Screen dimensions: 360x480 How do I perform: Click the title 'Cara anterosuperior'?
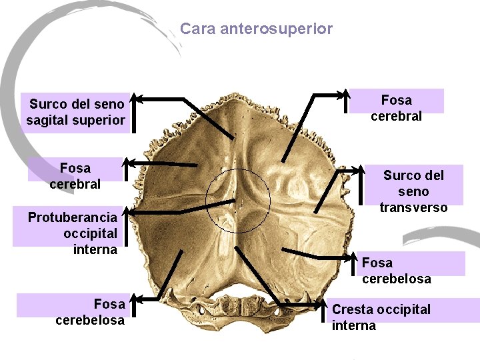256,29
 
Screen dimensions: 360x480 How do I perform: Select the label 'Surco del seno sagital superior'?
75,112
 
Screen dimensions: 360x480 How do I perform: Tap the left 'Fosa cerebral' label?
75,175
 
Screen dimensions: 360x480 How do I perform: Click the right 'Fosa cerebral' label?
396,108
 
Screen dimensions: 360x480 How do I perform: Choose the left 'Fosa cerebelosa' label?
91,312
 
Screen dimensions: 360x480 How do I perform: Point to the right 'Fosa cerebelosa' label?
396,271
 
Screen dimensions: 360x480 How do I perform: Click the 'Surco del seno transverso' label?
413,191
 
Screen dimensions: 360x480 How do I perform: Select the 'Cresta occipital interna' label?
381,317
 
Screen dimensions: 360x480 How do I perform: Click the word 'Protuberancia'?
73,217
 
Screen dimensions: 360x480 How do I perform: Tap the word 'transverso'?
413,207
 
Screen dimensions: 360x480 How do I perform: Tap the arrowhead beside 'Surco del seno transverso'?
360,171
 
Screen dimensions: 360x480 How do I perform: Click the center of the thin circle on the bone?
238,201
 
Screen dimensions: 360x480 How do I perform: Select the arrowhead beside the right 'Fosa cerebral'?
345,94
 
